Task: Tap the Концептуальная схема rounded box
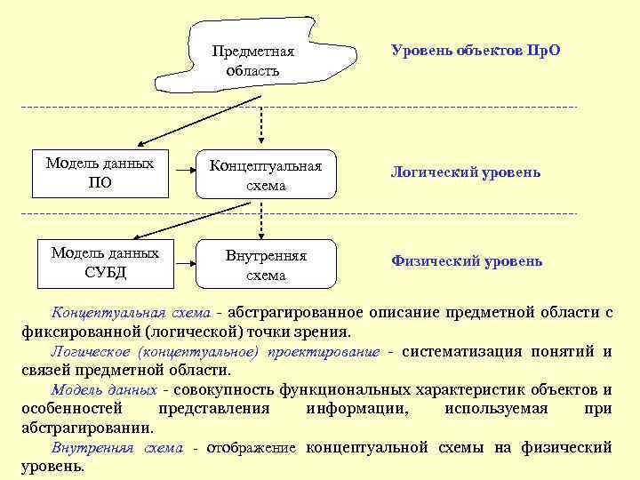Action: (x=266, y=175)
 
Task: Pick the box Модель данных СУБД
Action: (x=105, y=263)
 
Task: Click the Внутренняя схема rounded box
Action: (x=266, y=265)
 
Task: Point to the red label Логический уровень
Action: (x=465, y=172)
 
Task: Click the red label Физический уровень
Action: (x=467, y=261)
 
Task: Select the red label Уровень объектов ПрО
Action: (x=476, y=52)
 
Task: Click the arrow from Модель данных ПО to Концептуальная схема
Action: (x=182, y=173)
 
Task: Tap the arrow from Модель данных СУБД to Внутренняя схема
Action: (x=186, y=262)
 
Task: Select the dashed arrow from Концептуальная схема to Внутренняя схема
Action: (x=261, y=219)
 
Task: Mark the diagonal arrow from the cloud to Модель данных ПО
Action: (x=178, y=125)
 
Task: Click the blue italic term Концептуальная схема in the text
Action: (x=131, y=313)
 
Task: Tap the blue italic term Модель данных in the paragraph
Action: (x=105, y=390)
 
